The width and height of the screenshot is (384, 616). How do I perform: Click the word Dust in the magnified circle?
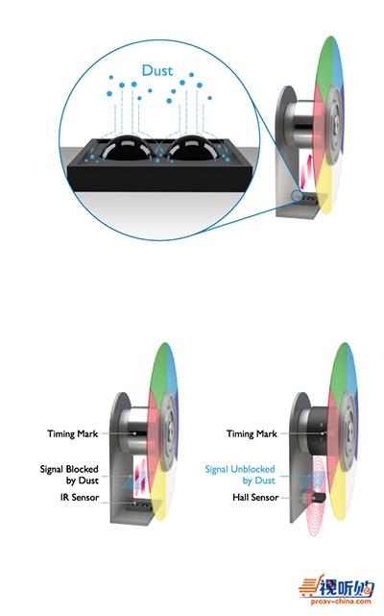coord(157,70)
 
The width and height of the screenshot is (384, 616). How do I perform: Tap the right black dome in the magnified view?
coord(192,148)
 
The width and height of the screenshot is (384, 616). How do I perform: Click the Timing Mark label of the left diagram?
coord(73,433)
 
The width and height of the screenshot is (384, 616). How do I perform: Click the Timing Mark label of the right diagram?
coord(252,433)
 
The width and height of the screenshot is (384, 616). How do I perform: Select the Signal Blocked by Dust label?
coord(69,475)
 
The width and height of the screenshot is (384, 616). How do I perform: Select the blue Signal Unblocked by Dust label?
coord(240,475)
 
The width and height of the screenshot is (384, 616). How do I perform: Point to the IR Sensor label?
coord(80,498)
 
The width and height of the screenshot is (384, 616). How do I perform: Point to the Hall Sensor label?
coord(255,498)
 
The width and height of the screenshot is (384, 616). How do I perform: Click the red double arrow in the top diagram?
coord(304,172)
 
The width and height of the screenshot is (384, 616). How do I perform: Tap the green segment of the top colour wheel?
coord(324,66)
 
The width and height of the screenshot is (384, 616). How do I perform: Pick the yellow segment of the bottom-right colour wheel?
coord(339,494)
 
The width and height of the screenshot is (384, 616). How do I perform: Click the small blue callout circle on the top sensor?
coord(296,195)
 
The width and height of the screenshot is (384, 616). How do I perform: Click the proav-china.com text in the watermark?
coord(341,601)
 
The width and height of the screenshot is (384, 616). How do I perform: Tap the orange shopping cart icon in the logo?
coord(309,588)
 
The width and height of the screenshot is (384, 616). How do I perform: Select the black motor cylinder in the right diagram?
coord(317,431)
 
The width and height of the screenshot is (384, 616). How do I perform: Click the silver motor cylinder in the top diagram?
coord(301,126)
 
